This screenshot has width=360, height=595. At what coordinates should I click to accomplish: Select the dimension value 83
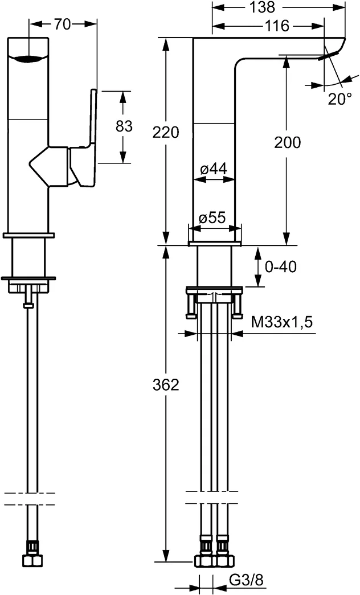click(x=124, y=126)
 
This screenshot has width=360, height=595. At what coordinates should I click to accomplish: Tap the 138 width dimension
click(x=278, y=7)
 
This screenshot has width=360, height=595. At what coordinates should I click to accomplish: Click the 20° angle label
click(x=339, y=99)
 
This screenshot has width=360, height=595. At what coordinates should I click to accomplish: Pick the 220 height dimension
click(x=166, y=132)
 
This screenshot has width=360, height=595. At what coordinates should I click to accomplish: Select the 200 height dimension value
click(x=287, y=142)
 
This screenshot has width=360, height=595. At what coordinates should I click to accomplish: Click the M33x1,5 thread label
click(x=282, y=322)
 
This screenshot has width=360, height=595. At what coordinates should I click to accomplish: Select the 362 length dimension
click(x=166, y=385)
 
